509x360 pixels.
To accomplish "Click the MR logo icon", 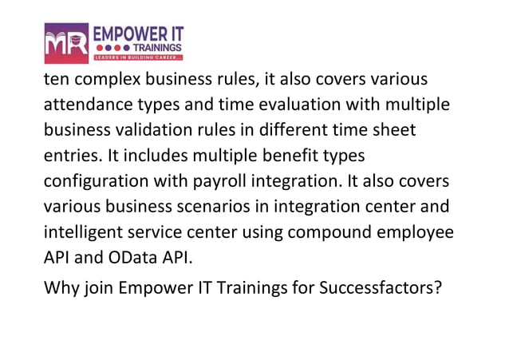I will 67,44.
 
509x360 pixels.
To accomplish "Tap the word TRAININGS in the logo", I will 156,47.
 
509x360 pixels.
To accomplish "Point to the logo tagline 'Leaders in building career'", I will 139,58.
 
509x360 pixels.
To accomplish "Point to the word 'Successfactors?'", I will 381,287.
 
